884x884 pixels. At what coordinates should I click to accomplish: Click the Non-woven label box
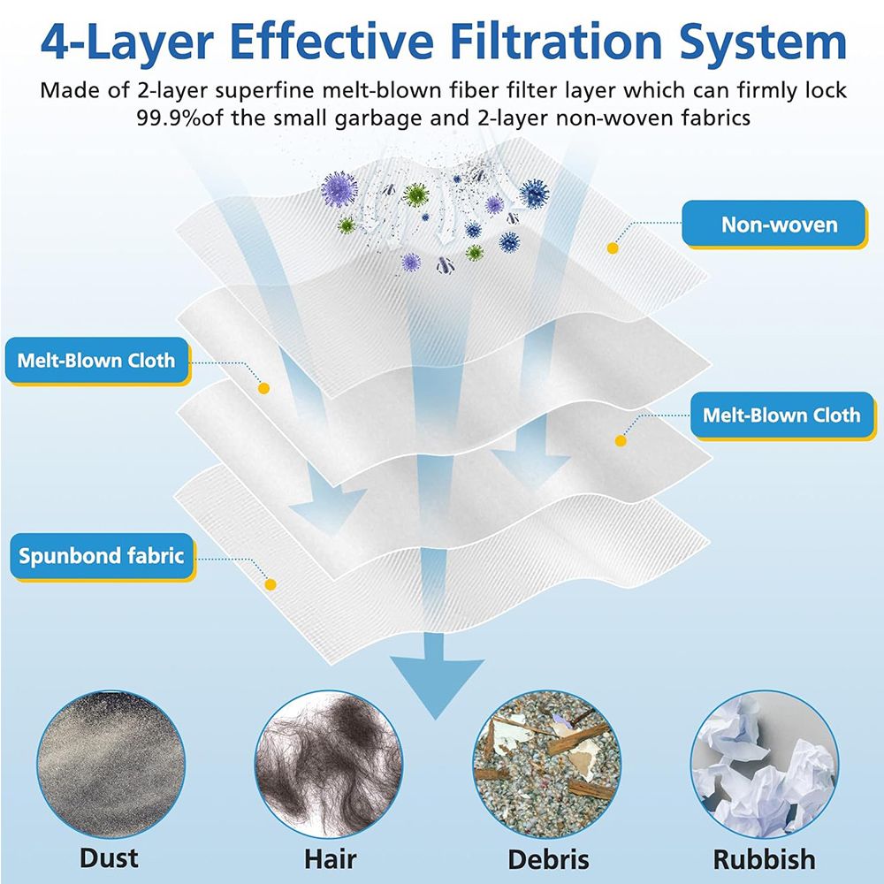tap(773, 224)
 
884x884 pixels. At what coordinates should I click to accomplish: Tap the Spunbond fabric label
tap(102, 556)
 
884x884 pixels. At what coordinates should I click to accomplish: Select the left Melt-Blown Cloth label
tap(97, 361)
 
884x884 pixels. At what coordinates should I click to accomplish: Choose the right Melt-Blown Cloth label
tap(782, 415)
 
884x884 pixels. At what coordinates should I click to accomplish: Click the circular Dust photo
tap(110, 764)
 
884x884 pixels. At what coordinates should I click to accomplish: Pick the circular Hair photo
tap(329, 764)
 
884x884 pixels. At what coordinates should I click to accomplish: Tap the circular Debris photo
tap(547, 764)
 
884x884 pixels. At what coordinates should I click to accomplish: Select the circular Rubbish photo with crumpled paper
tap(765, 764)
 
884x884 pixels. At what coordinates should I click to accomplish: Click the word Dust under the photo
tap(109, 858)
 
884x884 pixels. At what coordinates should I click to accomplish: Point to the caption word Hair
tap(330, 860)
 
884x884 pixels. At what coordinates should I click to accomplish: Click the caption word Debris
tap(548, 860)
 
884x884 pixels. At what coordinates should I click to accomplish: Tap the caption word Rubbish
tap(764, 860)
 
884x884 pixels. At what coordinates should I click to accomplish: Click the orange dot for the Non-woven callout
tap(613, 248)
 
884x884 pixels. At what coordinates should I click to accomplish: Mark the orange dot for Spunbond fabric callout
tap(271, 584)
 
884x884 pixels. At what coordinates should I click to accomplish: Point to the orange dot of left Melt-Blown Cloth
tap(263, 388)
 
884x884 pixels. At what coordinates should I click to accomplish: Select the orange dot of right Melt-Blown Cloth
tap(621, 441)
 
